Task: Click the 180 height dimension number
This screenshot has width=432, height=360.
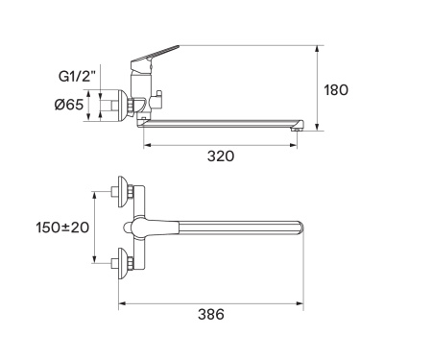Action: [336, 90]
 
